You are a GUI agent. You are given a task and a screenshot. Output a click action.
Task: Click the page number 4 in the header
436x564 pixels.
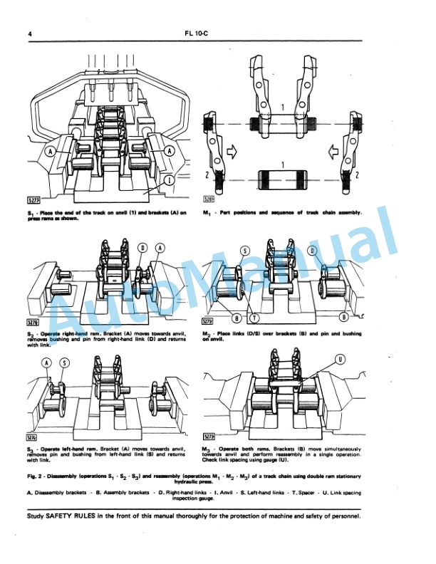29,33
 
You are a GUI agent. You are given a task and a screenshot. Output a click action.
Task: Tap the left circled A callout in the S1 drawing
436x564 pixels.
51,151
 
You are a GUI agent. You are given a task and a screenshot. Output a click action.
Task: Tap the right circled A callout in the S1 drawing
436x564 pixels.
169,151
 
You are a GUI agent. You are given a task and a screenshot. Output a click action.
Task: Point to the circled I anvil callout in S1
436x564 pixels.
168,181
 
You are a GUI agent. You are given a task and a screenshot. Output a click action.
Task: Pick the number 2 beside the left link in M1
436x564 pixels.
208,174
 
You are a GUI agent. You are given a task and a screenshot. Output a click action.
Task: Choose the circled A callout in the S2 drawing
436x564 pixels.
160,247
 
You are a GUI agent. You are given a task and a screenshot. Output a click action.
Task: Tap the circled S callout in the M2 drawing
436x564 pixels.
245,251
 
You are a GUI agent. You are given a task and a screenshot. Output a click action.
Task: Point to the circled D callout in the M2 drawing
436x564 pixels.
311,251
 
